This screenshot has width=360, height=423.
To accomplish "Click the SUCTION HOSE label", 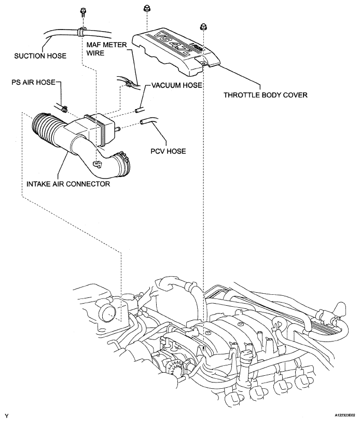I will [33, 56].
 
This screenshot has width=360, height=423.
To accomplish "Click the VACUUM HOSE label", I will [173, 85].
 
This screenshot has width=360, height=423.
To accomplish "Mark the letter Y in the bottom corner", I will [7, 416].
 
